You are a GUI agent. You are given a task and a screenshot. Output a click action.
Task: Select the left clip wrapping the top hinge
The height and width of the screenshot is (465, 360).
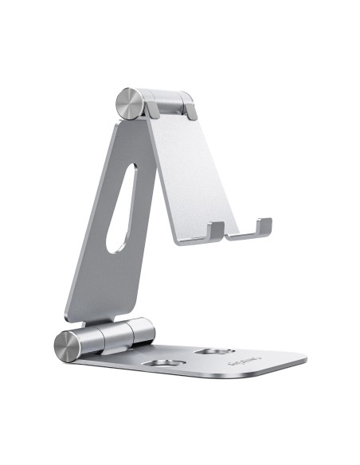150,107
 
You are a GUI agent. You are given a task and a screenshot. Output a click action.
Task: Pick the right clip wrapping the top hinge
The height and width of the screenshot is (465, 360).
188,106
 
